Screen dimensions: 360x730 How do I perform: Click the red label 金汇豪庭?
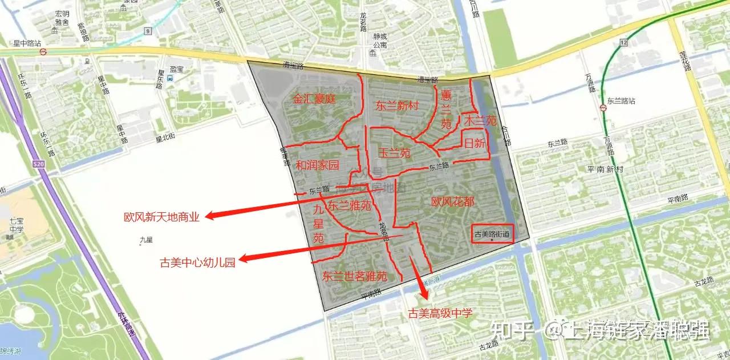point(314,99)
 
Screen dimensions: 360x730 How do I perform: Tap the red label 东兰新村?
point(398,106)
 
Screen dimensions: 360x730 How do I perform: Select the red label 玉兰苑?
point(395,153)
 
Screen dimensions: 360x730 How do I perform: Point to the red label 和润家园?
point(317,165)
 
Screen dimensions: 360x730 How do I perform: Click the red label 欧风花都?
point(453,201)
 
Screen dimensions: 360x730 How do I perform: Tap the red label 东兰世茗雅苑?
point(355,277)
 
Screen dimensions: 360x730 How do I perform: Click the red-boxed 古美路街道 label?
point(493,233)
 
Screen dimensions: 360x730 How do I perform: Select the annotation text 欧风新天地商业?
point(162,217)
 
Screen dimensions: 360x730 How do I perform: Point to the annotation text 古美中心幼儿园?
point(197,262)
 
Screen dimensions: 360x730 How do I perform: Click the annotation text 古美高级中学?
point(440,313)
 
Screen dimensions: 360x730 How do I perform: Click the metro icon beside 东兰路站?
point(603,108)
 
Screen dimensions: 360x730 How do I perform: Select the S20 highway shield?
point(39,164)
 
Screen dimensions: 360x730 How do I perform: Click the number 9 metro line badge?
point(148,31)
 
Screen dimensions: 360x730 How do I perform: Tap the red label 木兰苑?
point(480,121)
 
